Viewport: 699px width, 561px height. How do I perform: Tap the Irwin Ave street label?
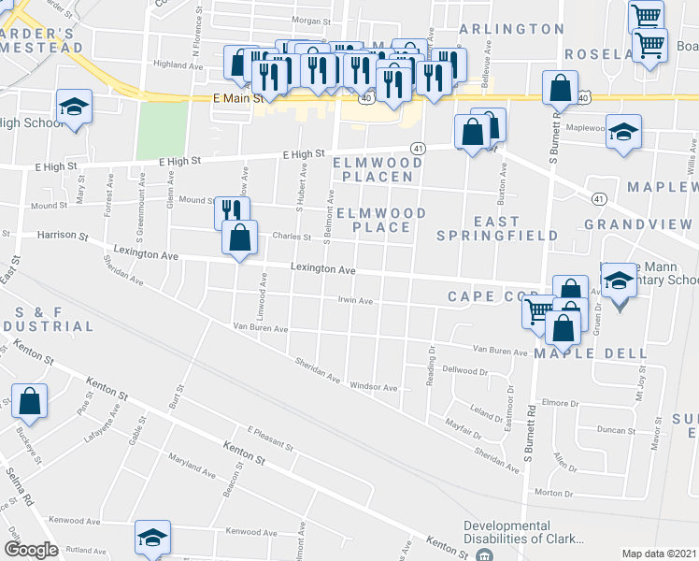click(x=355, y=301)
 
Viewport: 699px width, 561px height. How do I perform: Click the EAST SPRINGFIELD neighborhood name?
click(x=497, y=227)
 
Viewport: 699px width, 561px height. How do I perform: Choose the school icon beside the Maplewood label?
click(x=623, y=132)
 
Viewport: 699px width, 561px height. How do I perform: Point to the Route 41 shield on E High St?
click(x=418, y=148)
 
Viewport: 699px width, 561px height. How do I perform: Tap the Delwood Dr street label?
click(x=465, y=370)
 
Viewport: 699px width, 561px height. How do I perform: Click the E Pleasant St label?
click(x=270, y=439)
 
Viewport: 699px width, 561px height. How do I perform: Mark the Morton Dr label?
click(x=554, y=493)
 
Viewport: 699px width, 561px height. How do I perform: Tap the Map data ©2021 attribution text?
click(x=659, y=554)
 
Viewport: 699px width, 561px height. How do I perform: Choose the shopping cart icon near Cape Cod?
click(x=539, y=311)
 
